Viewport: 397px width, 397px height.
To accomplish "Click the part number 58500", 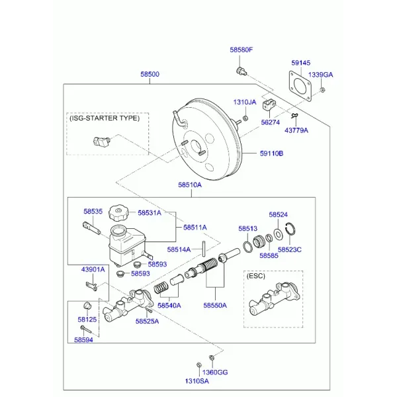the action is click(150, 74).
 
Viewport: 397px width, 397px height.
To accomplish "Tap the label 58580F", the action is click(242, 50).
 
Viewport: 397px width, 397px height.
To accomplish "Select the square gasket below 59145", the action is click(300, 86).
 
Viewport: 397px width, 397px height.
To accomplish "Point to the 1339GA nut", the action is click(322, 89).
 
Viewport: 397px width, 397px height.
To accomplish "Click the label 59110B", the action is click(272, 154).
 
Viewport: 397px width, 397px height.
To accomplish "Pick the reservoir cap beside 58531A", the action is click(118, 212).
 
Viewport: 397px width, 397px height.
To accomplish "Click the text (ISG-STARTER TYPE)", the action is click(105, 118).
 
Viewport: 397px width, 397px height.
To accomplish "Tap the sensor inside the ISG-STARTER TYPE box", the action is click(101, 142).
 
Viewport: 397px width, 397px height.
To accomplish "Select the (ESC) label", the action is click(255, 276).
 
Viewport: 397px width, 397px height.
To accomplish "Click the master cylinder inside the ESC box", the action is click(274, 299).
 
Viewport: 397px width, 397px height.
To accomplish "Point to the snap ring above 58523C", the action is click(290, 229).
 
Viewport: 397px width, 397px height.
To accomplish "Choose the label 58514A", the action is click(179, 249).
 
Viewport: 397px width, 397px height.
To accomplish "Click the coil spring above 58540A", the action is click(161, 288).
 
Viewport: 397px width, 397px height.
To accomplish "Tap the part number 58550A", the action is click(215, 305).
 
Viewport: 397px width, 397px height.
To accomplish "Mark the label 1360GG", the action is click(215, 372).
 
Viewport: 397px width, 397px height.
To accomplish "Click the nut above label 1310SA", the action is click(199, 365).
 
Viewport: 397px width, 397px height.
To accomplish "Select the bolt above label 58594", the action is click(86, 330).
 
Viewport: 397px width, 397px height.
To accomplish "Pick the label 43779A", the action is click(296, 130).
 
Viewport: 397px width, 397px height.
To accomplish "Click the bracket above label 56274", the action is click(269, 105).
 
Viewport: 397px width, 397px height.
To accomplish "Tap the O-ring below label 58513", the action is click(247, 247).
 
